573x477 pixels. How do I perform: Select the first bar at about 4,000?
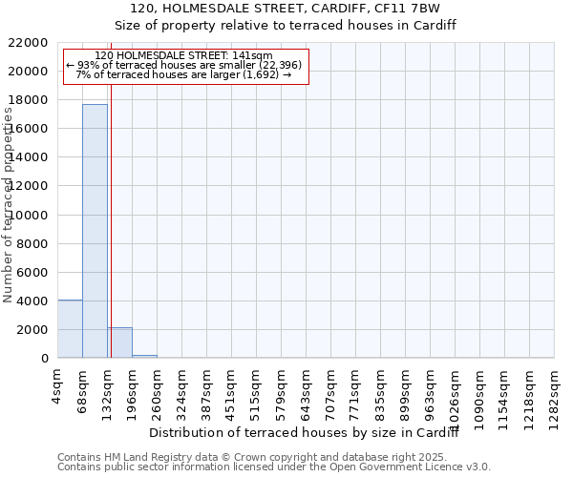click(x=70, y=329)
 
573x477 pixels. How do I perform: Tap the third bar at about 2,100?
click(x=119, y=342)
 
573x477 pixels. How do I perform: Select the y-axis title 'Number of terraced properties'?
click(x=9, y=205)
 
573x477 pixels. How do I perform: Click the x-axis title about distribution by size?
click(x=305, y=433)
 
